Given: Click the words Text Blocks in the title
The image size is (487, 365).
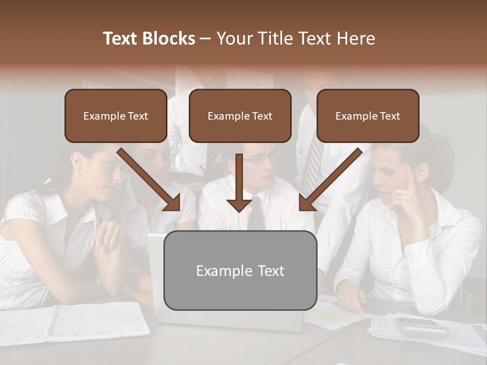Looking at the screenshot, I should pyautogui.click(x=149, y=39).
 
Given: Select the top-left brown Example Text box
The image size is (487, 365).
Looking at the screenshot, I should pyautogui.click(x=116, y=116).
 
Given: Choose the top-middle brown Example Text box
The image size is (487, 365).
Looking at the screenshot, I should pyautogui.click(x=240, y=116).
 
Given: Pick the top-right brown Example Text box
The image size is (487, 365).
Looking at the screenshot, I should pyautogui.click(x=368, y=116).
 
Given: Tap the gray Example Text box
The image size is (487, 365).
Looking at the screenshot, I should pyautogui.click(x=240, y=270).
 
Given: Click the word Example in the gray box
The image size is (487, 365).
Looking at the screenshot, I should pyautogui.click(x=218, y=271).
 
